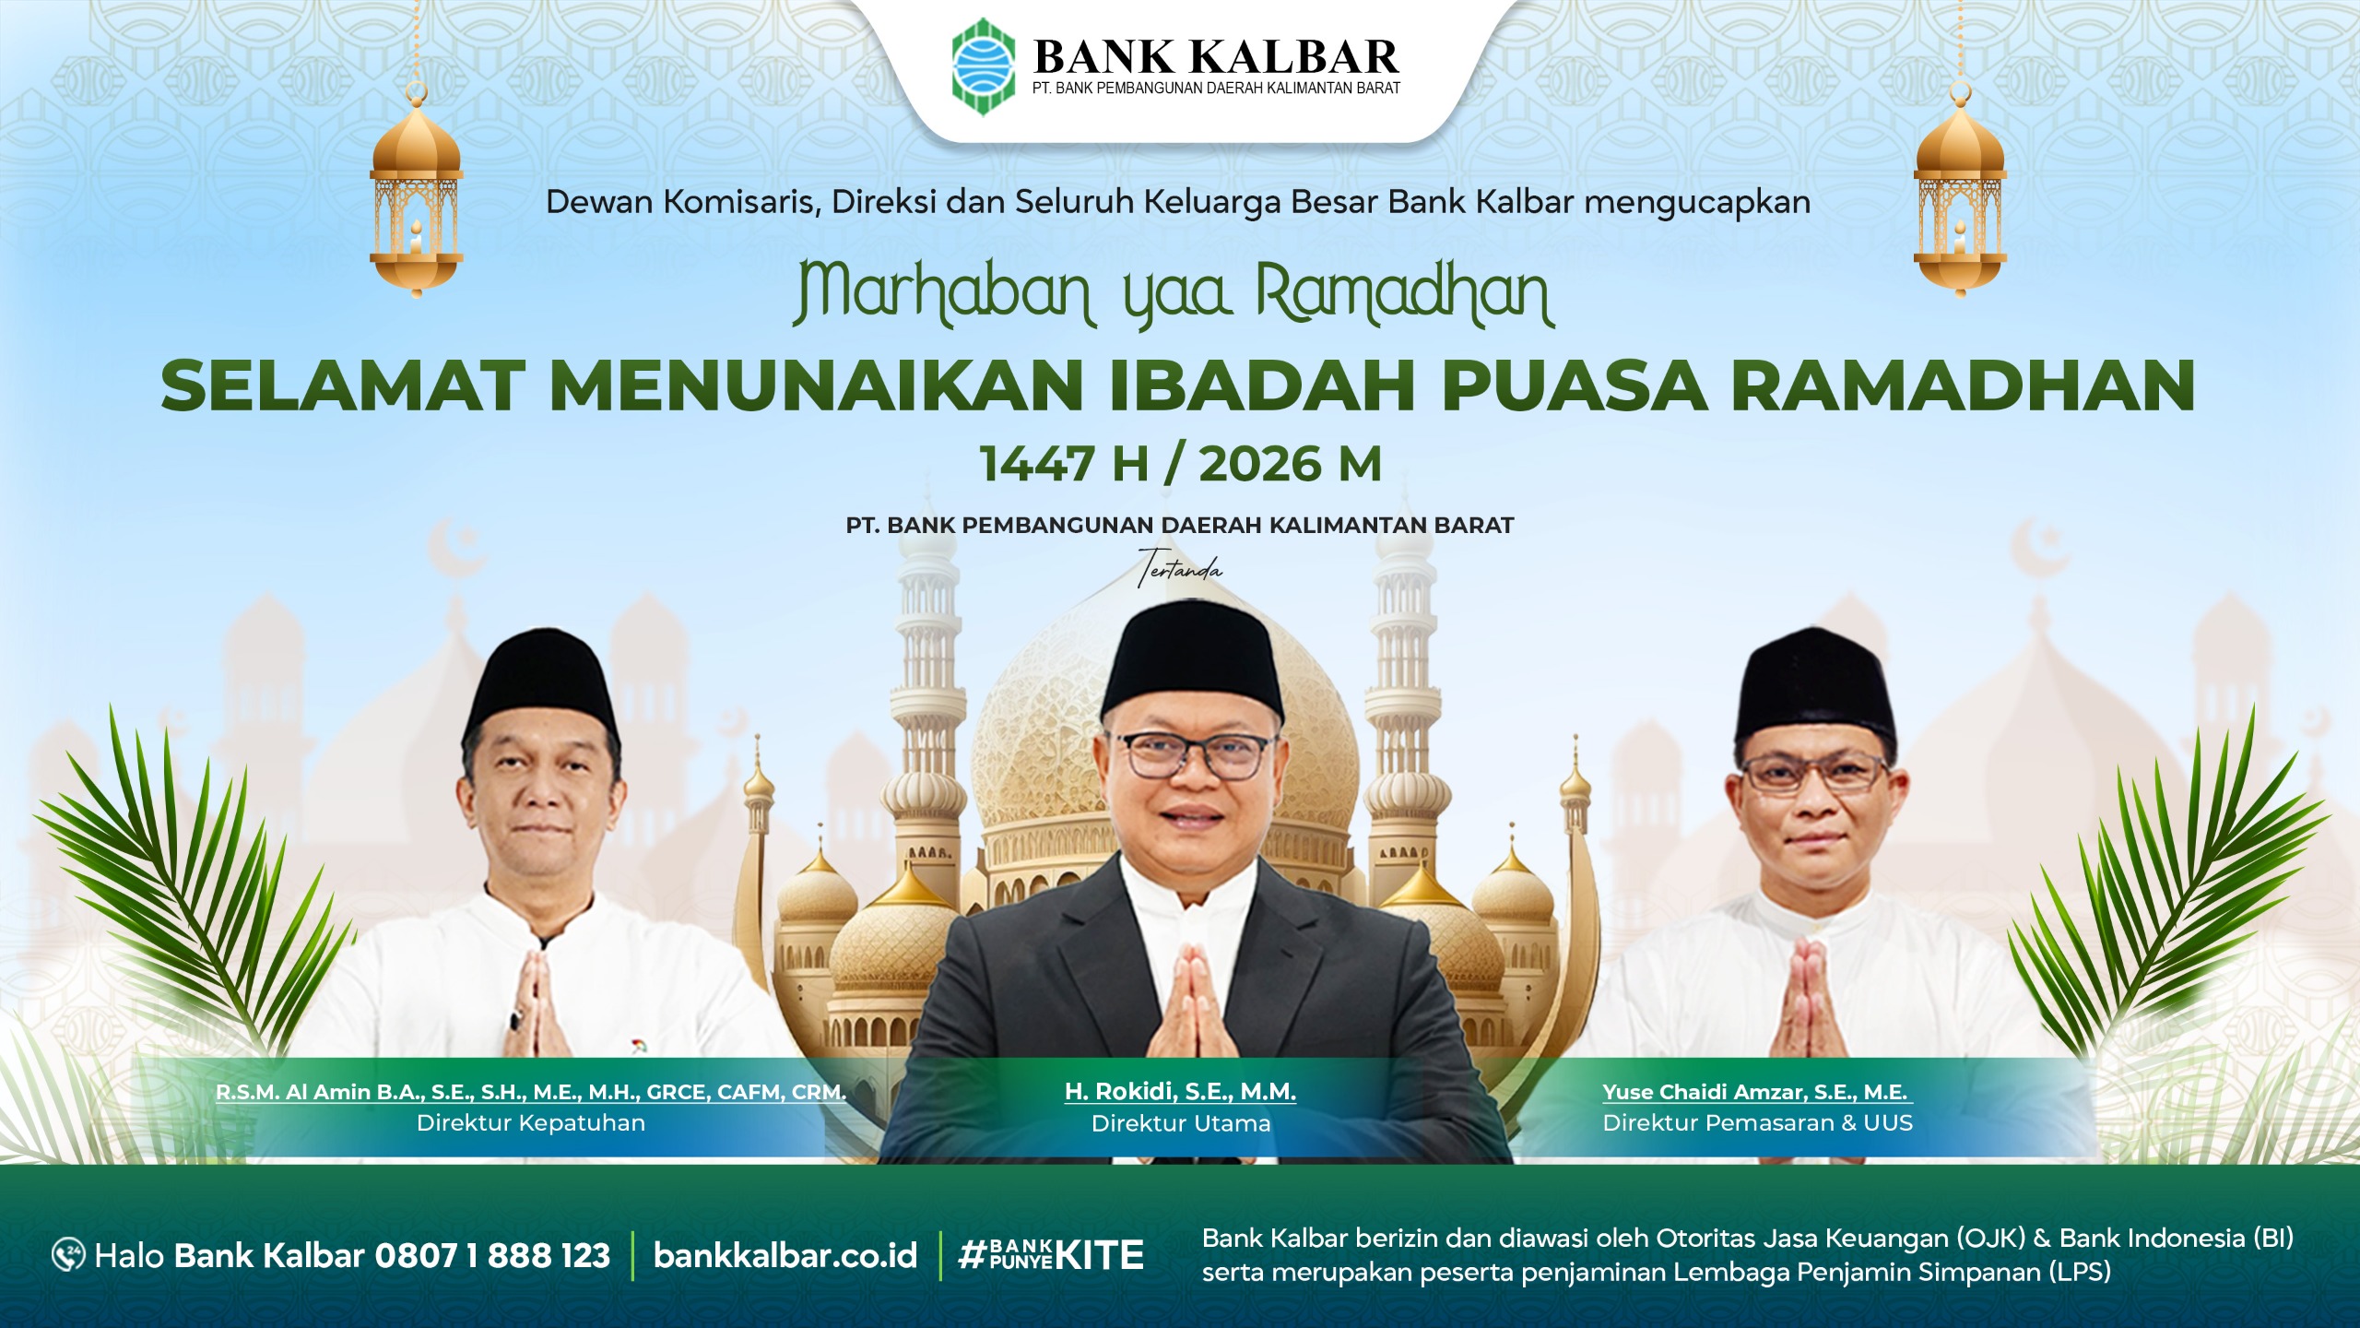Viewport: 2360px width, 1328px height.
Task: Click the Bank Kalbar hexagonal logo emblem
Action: pos(984,67)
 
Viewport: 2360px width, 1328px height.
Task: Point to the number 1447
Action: pos(1037,464)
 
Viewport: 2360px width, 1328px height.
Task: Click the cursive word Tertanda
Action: pos(1181,568)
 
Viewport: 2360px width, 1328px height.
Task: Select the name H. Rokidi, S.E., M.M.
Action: pos(1180,1092)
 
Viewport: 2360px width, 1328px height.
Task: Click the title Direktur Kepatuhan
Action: pos(531,1123)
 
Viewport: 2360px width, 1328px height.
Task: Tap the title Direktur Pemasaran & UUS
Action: pos(1758,1123)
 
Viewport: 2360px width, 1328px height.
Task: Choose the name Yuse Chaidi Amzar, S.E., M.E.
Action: pos(1755,1093)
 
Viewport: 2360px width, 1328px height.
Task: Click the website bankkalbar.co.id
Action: pos(785,1255)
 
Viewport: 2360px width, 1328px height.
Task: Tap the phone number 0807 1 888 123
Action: pos(492,1255)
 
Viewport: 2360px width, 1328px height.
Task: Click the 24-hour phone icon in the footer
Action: pos(69,1255)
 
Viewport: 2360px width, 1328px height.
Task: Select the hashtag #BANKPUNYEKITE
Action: pos(1051,1255)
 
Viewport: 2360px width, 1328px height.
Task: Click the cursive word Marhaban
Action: pos(943,294)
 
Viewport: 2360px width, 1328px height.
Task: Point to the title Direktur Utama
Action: pos(1181,1123)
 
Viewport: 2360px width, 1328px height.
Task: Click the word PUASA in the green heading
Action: pos(1575,385)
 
